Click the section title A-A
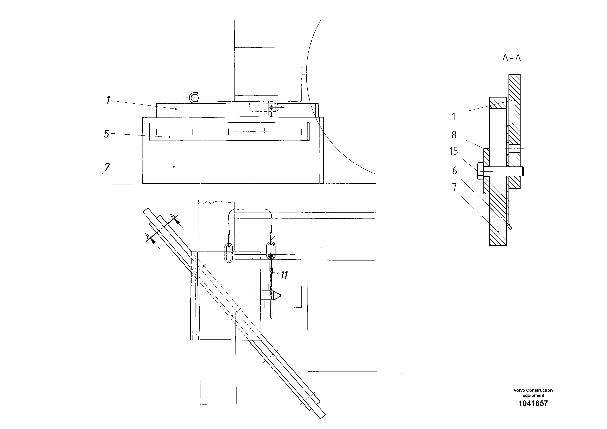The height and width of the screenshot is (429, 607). [x=511, y=58]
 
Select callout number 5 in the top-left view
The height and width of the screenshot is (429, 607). [x=106, y=134]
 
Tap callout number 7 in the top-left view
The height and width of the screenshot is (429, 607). [x=107, y=167]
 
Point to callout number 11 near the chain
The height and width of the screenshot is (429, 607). [x=284, y=275]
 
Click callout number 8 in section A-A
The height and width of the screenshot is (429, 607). [x=454, y=135]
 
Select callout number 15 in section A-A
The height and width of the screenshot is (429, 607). [x=453, y=151]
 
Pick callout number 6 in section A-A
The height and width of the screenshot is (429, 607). [x=454, y=171]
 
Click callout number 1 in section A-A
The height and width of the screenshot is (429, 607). [x=454, y=117]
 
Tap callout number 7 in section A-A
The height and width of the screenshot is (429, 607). [x=454, y=187]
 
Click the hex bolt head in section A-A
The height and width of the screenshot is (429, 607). [x=480, y=171]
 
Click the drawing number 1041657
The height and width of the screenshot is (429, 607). [x=533, y=403]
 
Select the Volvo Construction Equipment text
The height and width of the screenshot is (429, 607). [x=533, y=392]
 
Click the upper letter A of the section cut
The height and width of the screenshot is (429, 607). [x=172, y=216]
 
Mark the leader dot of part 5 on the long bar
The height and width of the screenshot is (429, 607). [x=169, y=137]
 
